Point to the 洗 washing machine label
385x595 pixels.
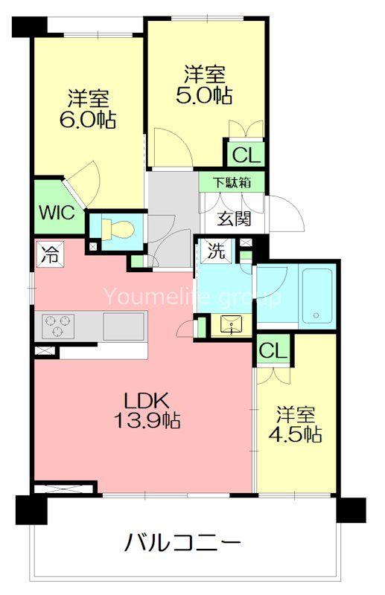click(x=216, y=251)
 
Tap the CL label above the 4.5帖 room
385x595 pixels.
click(x=274, y=350)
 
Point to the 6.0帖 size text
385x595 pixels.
click(x=89, y=120)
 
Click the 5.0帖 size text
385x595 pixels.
click(x=206, y=95)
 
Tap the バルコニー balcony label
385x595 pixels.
click(x=182, y=544)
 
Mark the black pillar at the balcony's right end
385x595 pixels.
click(x=350, y=509)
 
